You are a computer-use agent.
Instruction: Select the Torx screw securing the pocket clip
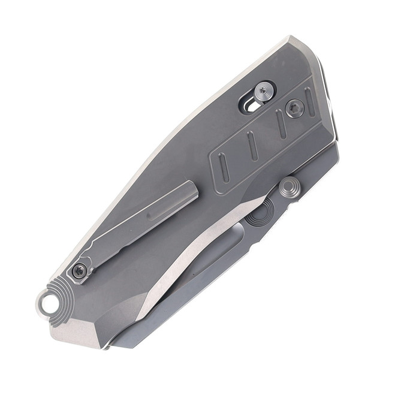point(79,272)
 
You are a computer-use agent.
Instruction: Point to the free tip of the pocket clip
point(191,187)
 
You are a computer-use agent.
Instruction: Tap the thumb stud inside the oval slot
point(264,92)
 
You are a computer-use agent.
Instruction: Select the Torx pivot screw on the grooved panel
point(294,108)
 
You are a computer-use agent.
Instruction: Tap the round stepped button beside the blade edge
point(289,188)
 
